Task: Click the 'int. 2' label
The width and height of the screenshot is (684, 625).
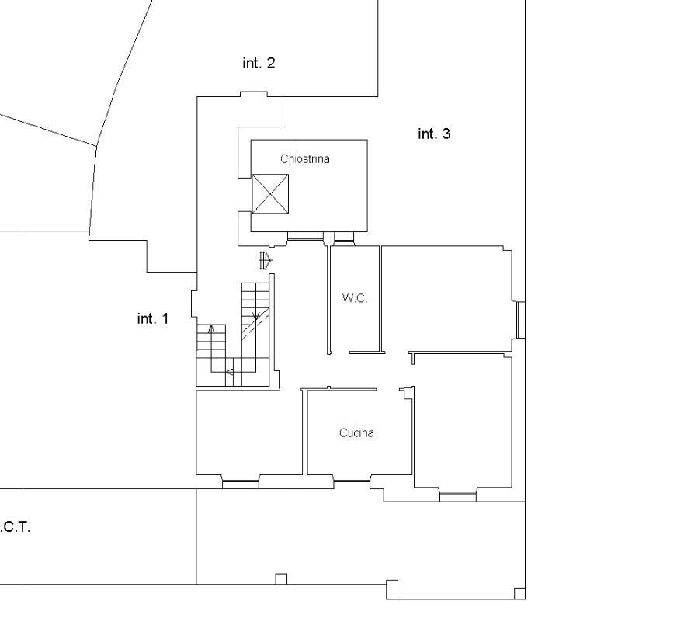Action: [259, 63]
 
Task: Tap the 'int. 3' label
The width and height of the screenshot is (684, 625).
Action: [434, 134]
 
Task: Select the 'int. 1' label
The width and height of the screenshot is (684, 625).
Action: [153, 319]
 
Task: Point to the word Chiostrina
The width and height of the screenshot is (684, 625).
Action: [305, 158]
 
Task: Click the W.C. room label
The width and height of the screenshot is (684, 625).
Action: [355, 298]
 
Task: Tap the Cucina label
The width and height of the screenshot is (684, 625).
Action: [356, 432]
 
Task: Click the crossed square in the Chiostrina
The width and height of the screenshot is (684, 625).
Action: [270, 194]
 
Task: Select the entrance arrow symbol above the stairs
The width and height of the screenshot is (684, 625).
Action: [266, 261]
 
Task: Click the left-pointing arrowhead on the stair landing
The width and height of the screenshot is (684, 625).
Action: [229, 372]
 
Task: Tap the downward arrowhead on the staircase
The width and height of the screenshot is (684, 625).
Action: [256, 315]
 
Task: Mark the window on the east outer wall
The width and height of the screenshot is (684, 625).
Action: [520, 320]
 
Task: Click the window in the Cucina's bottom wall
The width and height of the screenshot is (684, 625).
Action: [352, 481]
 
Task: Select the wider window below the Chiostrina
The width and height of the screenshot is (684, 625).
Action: [305, 237]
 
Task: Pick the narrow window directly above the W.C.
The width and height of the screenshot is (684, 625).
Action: [344, 237]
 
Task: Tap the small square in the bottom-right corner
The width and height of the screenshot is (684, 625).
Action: [519, 594]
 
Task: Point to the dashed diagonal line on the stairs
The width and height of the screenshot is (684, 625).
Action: [255, 325]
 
